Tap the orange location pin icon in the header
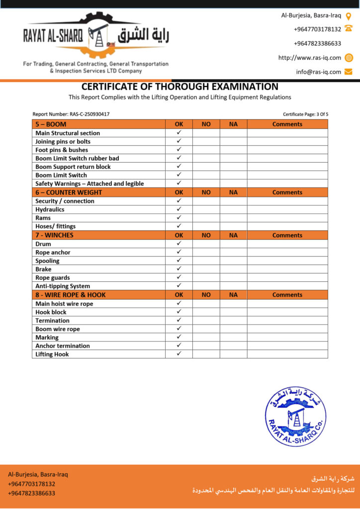(x=349, y=15)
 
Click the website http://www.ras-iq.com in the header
(x=309, y=58)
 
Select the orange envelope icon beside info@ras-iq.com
(x=349, y=72)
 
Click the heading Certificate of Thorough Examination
(x=180, y=86)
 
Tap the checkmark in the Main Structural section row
(x=179, y=133)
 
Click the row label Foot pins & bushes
(x=62, y=150)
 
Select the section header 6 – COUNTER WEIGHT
(x=69, y=192)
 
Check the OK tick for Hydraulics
(x=179, y=209)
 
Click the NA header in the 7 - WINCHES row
(x=233, y=235)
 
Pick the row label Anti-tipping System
(x=63, y=286)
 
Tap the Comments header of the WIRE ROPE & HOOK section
(x=287, y=295)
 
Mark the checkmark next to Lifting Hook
(x=179, y=354)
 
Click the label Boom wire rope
(x=58, y=329)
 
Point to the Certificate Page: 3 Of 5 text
(x=305, y=114)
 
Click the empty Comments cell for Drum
(x=287, y=244)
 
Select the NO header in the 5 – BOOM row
(x=206, y=124)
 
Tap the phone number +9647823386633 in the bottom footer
(x=31, y=493)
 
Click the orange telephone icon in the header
(x=349, y=29)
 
